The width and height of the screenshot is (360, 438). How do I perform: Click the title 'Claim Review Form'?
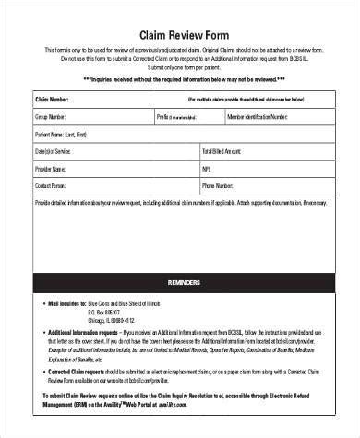[180, 28]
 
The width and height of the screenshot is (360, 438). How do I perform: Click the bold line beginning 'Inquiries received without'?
[180, 79]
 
